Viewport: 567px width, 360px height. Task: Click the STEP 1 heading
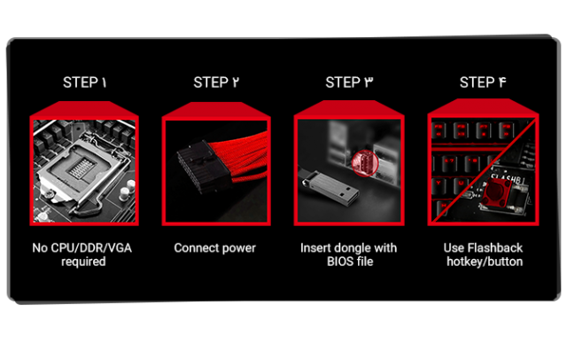point(85,82)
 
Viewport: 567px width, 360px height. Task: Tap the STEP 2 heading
point(216,82)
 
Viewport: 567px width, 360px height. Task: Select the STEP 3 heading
point(349,82)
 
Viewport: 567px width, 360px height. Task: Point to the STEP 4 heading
point(483,82)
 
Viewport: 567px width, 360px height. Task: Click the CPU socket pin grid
point(81,168)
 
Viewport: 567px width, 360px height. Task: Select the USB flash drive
point(329,187)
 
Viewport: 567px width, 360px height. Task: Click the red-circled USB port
point(365,163)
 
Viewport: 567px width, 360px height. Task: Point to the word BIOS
point(338,262)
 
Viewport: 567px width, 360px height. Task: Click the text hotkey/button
point(485,262)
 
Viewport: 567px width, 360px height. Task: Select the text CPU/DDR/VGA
point(90,248)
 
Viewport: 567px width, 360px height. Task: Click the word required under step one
point(83,262)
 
